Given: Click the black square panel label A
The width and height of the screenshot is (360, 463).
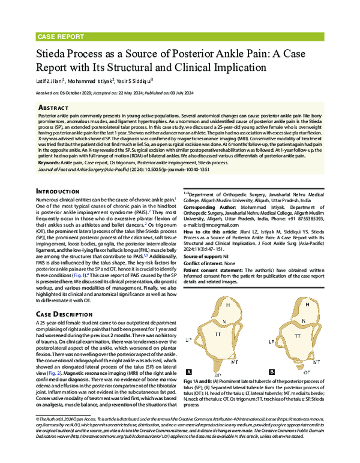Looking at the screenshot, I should click(x=189, y=372).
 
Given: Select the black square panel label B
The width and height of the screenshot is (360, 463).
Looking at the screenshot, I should click(x=271, y=372).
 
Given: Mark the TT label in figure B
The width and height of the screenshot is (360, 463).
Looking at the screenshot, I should click(x=296, y=336).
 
